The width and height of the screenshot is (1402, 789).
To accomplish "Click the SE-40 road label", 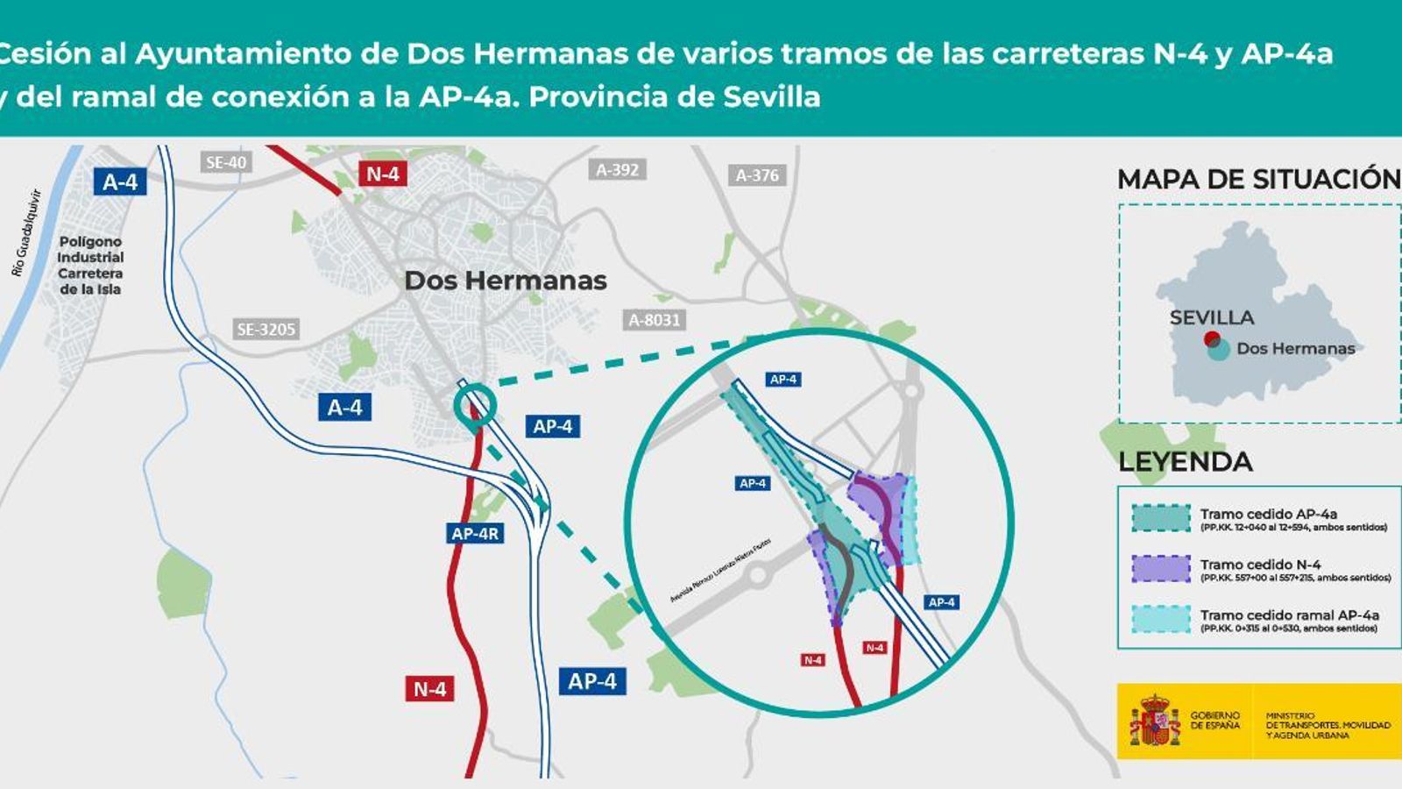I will pyautogui.click(x=226, y=162).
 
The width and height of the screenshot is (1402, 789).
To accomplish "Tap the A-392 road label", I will pyautogui.click(x=617, y=170).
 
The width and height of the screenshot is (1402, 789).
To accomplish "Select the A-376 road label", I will pyautogui.click(x=757, y=175).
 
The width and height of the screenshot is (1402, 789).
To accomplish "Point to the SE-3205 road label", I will pyautogui.click(x=266, y=330).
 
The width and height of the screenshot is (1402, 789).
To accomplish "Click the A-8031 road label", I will pyautogui.click(x=655, y=320).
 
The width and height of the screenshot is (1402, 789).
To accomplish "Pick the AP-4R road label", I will pyautogui.click(x=475, y=533).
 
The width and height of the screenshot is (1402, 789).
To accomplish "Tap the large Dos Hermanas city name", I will pyautogui.click(x=506, y=281).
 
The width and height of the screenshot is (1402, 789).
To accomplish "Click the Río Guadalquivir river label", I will pyautogui.click(x=26, y=233).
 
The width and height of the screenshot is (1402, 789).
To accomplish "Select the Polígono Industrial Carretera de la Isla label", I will pyautogui.click(x=90, y=265).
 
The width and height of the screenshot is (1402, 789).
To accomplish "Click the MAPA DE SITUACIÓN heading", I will pyautogui.click(x=1258, y=180).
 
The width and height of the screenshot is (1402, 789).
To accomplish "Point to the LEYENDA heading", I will pyautogui.click(x=1185, y=462).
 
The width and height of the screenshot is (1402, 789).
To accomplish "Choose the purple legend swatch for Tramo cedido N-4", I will pyautogui.click(x=1160, y=568).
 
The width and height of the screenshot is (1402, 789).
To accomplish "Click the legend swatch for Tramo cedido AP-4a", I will pyautogui.click(x=1160, y=518).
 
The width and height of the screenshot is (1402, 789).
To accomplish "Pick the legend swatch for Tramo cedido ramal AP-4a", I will pyautogui.click(x=1160, y=619).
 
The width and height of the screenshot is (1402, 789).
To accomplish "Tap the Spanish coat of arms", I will pyautogui.click(x=1155, y=721).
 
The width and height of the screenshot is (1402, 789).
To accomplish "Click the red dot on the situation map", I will pyautogui.click(x=1212, y=339).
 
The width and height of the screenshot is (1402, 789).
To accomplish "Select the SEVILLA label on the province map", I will pyautogui.click(x=1212, y=317).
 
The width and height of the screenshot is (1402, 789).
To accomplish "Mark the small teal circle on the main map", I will pyautogui.click(x=475, y=405).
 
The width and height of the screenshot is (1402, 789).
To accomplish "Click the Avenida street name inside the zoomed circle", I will pyautogui.click(x=720, y=569).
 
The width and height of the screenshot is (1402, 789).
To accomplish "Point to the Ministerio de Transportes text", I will pyautogui.click(x=1328, y=726).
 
